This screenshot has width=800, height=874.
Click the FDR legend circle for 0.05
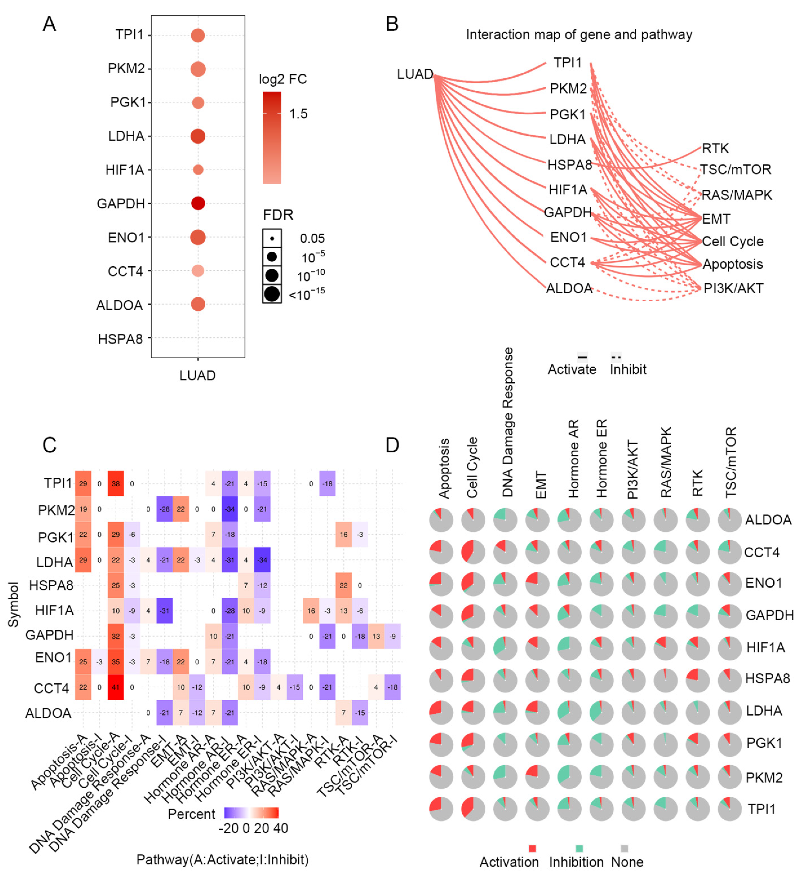[272, 238]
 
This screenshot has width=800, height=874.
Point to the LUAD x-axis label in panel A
[198, 375]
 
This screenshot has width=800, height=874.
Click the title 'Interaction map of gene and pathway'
[579, 35]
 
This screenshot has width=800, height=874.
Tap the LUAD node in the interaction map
[415, 74]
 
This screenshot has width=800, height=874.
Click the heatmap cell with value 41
[116, 687]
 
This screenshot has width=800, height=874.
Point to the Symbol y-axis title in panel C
[14, 605]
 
